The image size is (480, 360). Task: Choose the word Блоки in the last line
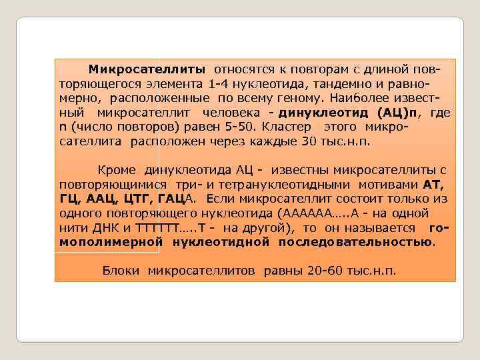(x=121, y=270)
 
